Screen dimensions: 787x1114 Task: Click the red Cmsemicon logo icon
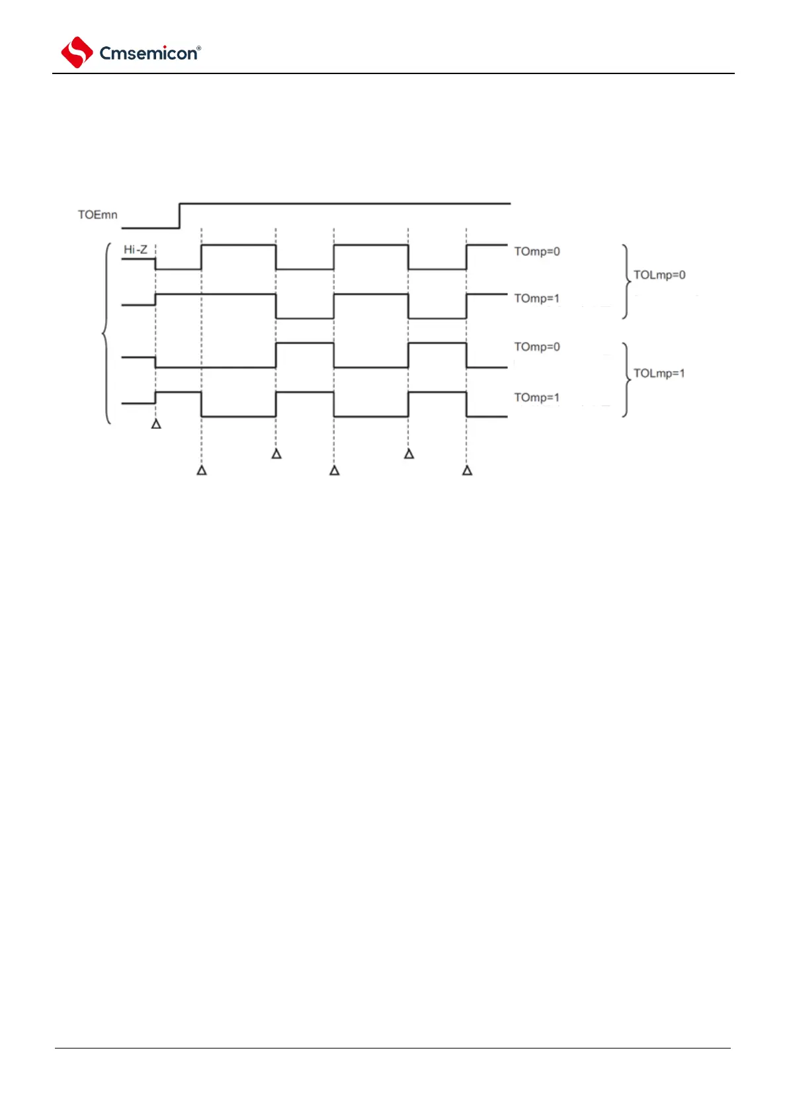(x=77, y=52)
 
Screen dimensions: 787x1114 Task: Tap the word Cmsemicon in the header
(x=147, y=54)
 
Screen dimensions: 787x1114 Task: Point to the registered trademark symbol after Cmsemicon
(x=199, y=48)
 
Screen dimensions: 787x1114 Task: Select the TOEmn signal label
(x=97, y=215)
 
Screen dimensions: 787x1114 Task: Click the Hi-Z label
(x=136, y=250)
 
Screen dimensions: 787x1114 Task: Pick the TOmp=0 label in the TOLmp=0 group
(x=537, y=251)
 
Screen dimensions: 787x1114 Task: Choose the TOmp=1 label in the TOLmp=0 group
(x=537, y=298)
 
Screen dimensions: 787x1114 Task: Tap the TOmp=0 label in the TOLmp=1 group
(x=537, y=347)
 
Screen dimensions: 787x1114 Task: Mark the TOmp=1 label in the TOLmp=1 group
(x=537, y=397)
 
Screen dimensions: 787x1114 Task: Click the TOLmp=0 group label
(x=659, y=275)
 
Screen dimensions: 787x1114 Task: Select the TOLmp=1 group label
(x=659, y=373)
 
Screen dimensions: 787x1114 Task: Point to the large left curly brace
(x=106, y=333)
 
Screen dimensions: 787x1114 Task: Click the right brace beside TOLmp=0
(x=626, y=282)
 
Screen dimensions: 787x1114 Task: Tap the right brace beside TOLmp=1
(x=626, y=380)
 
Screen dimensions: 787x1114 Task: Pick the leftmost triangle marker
(x=156, y=424)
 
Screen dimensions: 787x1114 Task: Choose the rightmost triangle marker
(x=467, y=470)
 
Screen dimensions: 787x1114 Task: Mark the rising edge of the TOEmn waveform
(x=180, y=216)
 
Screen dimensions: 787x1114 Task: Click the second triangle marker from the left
(x=202, y=470)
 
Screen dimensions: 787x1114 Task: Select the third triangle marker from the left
(x=276, y=454)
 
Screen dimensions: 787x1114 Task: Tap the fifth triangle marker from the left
(x=409, y=454)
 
